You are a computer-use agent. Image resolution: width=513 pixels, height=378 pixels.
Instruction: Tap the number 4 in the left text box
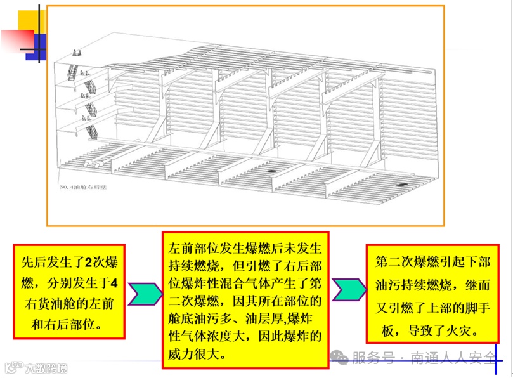click(x=114, y=282)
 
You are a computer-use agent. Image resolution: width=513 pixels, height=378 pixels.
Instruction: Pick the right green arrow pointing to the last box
click(x=348, y=290)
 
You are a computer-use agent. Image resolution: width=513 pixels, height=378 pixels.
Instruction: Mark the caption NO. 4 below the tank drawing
click(x=70, y=188)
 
